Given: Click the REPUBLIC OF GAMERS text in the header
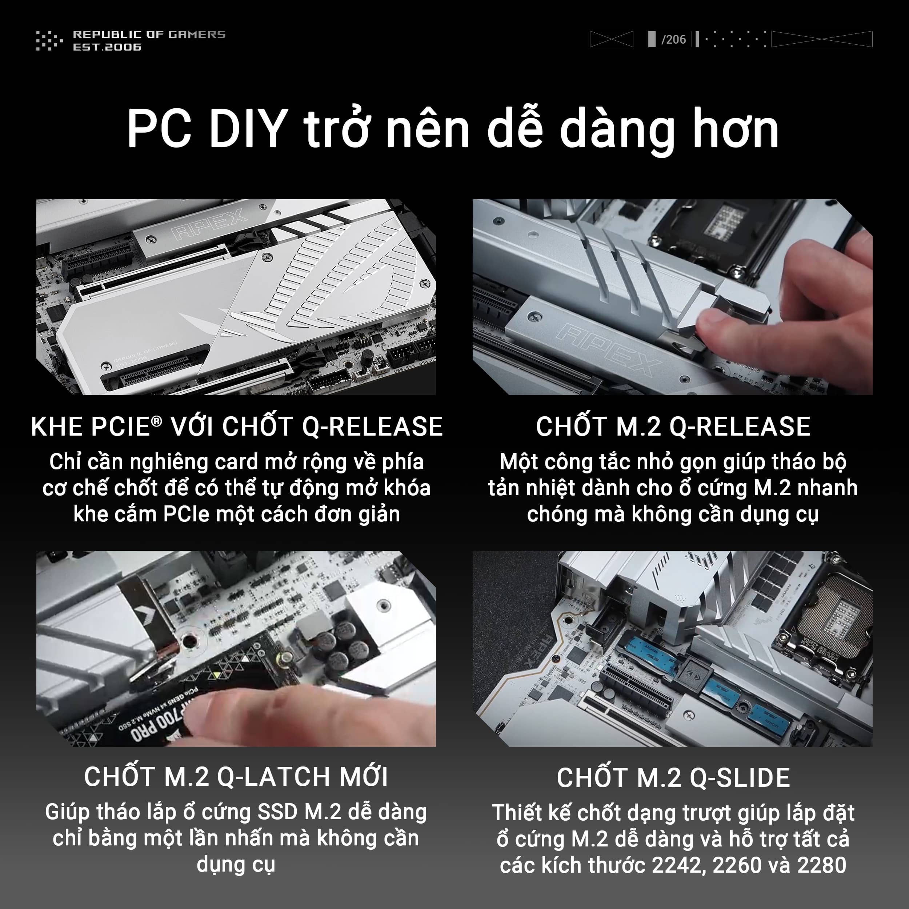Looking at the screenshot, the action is click(149, 34).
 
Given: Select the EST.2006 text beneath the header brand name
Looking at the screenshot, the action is click(107, 47).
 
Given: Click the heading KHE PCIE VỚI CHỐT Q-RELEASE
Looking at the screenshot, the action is click(237, 427).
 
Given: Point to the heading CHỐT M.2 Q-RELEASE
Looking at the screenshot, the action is click(673, 427).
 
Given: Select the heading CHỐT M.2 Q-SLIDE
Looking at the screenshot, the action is click(673, 778).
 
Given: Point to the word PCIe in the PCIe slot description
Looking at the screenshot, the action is click(186, 514).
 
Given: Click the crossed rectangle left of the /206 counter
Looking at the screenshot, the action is click(612, 39).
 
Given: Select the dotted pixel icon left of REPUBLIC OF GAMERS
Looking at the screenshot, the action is click(49, 40).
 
